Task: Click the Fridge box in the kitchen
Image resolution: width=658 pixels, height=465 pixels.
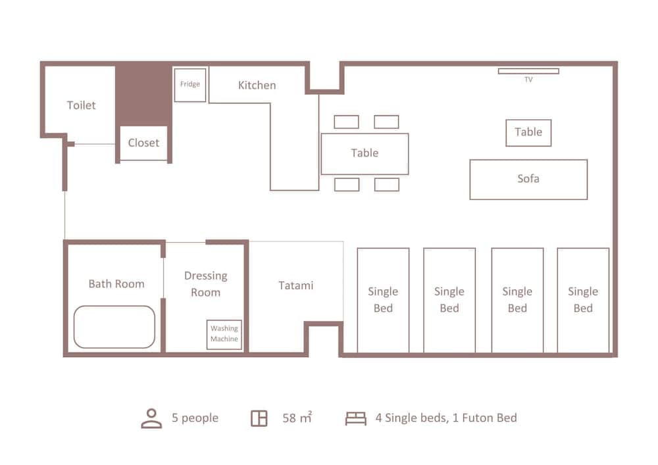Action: click(x=190, y=85)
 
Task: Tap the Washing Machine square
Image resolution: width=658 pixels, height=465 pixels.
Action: click(x=224, y=335)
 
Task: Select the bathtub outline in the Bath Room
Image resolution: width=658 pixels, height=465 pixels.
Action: click(x=74, y=327)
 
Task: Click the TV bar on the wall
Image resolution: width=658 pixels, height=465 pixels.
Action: click(x=528, y=71)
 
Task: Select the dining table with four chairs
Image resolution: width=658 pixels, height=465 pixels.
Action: click(x=365, y=154)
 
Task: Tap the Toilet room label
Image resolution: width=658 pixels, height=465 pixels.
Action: click(x=82, y=105)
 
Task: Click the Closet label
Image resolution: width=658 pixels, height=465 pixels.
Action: click(x=143, y=143)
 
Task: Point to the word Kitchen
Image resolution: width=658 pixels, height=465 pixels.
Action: click(x=257, y=85)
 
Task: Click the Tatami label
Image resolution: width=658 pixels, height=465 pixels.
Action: click(x=296, y=285)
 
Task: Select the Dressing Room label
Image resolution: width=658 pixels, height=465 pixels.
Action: click(x=205, y=284)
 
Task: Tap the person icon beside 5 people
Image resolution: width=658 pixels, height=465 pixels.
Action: click(x=151, y=418)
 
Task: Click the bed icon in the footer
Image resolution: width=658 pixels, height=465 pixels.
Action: click(x=356, y=418)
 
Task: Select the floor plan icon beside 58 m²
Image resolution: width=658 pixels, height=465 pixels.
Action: click(x=259, y=418)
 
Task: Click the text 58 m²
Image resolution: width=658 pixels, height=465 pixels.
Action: click(x=297, y=418)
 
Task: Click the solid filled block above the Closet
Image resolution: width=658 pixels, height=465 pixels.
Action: click(x=143, y=95)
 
